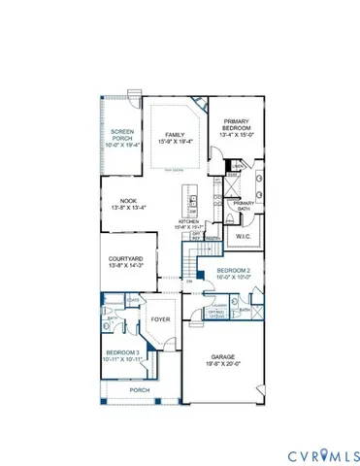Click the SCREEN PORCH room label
pyautogui.click(x=120, y=135)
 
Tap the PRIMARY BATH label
pyautogui.click(x=244, y=205)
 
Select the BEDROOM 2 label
pyautogui.click(x=234, y=270)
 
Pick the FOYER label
pyautogui.click(x=160, y=316)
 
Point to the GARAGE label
pyautogui.click(x=220, y=356)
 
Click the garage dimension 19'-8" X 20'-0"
pyautogui.click(x=220, y=364)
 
